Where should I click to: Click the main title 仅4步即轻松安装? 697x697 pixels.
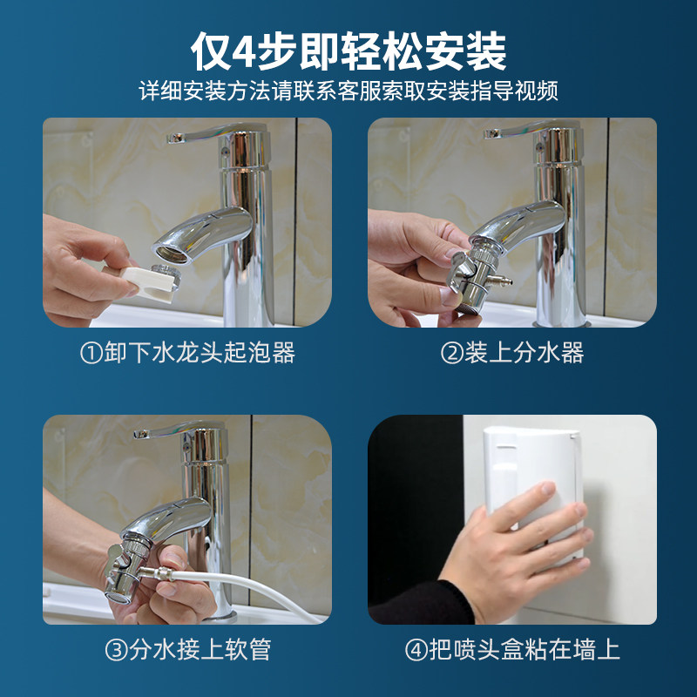(348, 51)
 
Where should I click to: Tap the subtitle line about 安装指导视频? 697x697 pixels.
(348, 91)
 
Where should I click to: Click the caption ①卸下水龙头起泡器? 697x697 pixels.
(187, 353)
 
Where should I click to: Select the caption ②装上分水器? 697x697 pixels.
(512, 353)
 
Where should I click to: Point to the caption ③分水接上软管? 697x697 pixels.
(187, 649)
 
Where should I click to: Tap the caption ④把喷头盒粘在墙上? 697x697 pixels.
(512, 649)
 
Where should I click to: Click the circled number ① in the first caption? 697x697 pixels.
(91, 354)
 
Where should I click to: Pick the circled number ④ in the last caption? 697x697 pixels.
(416, 650)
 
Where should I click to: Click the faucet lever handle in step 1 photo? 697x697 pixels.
(213, 132)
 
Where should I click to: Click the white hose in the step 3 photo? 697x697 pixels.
(249, 592)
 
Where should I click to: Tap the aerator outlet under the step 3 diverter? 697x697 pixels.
(118, 597)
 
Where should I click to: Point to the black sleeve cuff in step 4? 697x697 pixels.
(423, 603)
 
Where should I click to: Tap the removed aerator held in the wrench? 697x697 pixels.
(166, 275)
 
